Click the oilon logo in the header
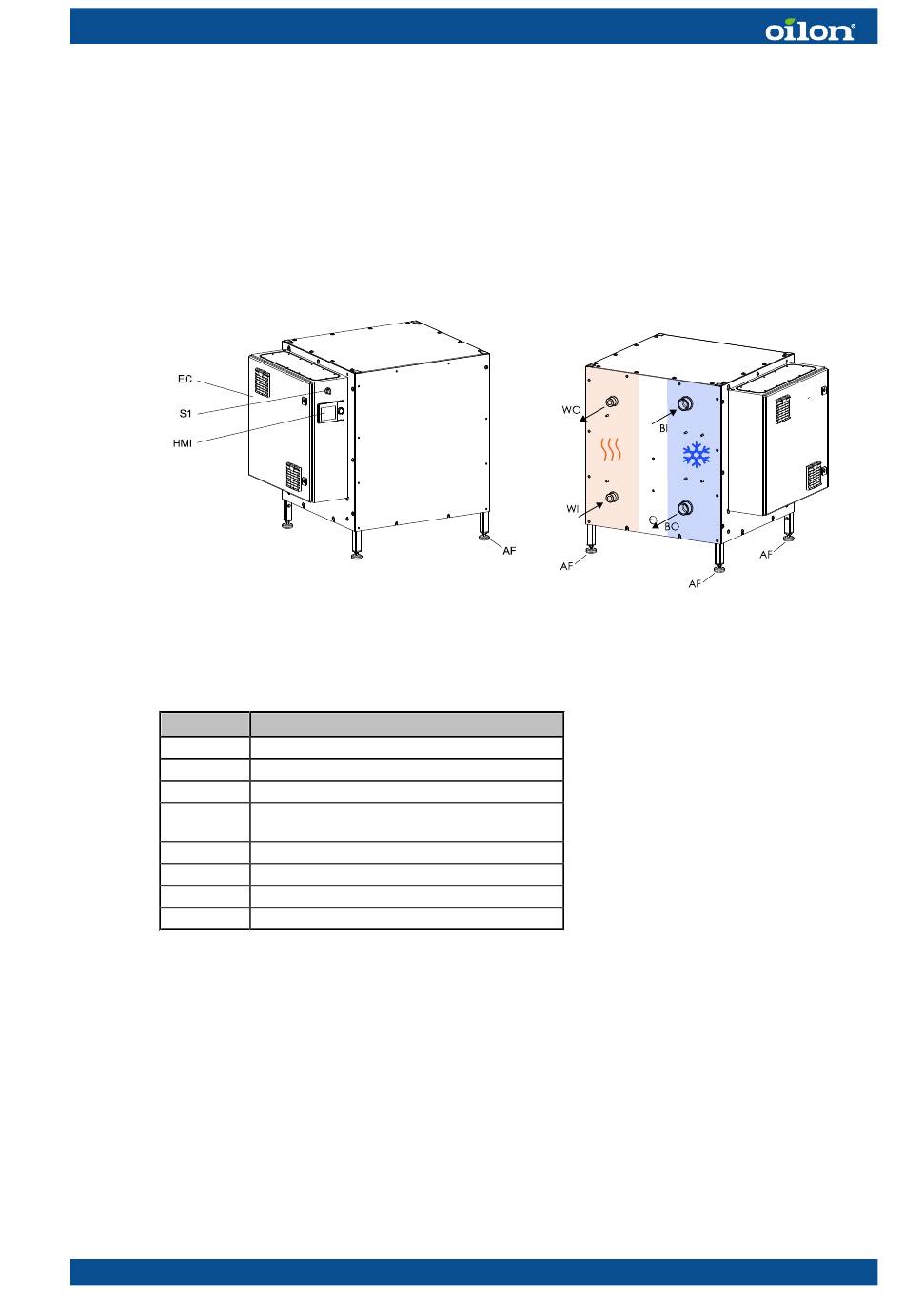point(810,29)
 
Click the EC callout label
point(185,379)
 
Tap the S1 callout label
point(186,413)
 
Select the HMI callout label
point(183,443)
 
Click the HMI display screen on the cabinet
point(327,413)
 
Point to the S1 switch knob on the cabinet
point(328,391)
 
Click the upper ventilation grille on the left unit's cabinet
point(263,382)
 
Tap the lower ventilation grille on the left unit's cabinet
point(293,477)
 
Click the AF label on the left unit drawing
point(509,551)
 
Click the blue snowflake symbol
point(697,455)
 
